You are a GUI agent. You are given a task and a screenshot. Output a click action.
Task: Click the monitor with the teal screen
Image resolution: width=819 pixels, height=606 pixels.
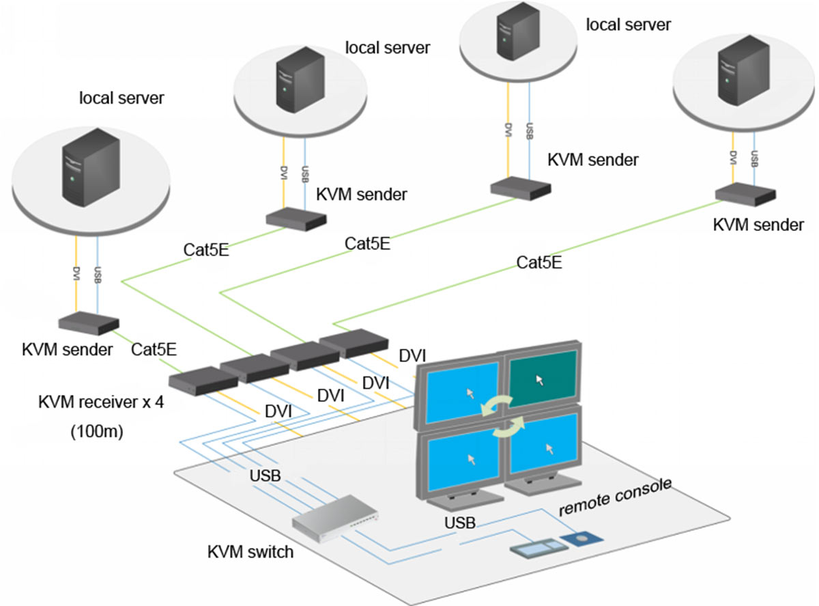[543, 376]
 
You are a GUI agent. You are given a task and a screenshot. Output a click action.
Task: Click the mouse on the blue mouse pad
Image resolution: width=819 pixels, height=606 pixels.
[582, 540]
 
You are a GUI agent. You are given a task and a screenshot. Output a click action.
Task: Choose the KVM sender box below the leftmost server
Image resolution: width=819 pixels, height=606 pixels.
[89, 324]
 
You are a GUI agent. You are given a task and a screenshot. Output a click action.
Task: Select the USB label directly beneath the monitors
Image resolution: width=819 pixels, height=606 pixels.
[459, 523]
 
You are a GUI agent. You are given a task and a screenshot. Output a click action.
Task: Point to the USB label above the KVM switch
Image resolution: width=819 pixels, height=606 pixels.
[265, 476]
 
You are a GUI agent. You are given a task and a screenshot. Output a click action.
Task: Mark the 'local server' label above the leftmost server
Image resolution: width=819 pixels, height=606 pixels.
[121, 98]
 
